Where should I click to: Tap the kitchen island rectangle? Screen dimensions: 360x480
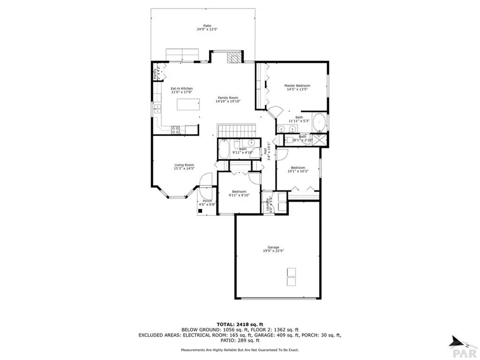pos(187,105)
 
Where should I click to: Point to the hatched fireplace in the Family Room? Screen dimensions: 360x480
pos(234,58)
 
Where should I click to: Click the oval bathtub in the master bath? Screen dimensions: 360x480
pos(319,123)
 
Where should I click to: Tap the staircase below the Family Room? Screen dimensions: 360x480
pos(236,130)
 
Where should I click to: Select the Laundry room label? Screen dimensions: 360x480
pos(268,205)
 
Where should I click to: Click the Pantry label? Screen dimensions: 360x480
pos(156,74)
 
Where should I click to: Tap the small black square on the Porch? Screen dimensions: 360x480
pos(201,210)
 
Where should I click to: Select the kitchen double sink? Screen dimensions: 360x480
pos(157,110)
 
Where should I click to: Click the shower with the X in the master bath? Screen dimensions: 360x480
pos(321,139)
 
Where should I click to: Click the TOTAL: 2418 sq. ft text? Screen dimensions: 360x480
pos(240,324)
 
